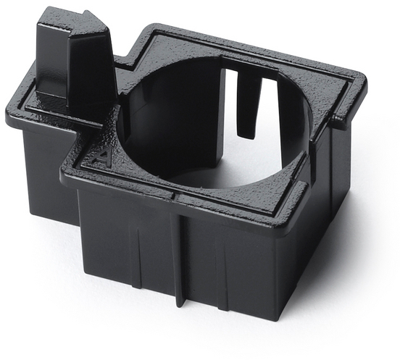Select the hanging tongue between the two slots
(x=249, y=104)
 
